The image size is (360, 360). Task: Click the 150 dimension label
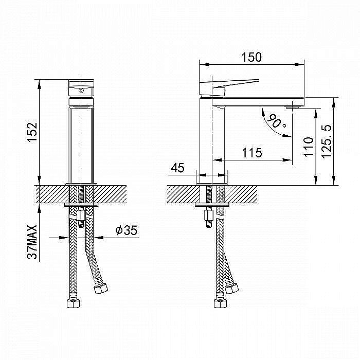(251, 57)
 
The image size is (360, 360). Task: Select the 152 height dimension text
(32, 132)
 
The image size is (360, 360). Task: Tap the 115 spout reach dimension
(252, 153)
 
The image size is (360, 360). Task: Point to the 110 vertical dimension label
(309, 147)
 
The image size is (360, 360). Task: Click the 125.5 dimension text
(326, 141)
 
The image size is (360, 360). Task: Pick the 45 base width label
(177, 168)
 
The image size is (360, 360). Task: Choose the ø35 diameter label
(127, 230)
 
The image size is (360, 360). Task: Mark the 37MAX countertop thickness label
(32, 242)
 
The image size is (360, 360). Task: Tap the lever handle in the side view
(229, 86)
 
